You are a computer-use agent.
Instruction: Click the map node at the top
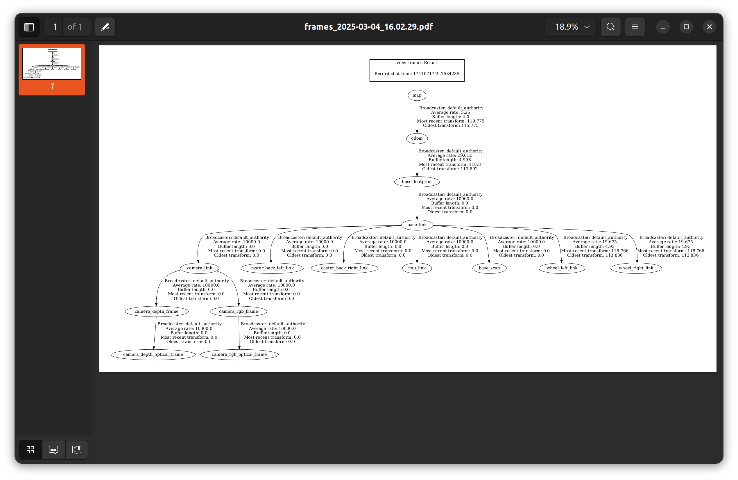pyautogui.click(x=417, y=95)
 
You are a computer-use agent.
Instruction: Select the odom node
pyautogui.click(x=417, y=138)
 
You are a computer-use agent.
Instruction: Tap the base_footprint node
pyautogui.click(x=417, y=182)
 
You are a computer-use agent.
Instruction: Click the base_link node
pyautogui.click(x=417, y=225)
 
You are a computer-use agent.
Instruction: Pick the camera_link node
pyautogui.click(x=200, y=268)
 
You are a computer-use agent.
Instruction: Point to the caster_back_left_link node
pyautogui.click(x=272, y=268)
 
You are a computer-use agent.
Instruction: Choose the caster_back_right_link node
pyautogui.click(x=344, y=268)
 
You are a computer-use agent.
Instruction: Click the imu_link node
pyautogui.click(x=417, y=268)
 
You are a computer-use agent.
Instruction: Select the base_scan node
pyautogui.click(x=489, y=268)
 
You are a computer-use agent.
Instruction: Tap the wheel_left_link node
pyautogui.click(x=562, y=268)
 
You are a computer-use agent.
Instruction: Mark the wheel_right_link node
pyautogui.click(x=636, y=268)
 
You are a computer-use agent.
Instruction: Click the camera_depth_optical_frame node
pyautogui.click(x=153, y=355)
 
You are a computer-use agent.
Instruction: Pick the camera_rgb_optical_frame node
pyautogui.click(x=239, y=355)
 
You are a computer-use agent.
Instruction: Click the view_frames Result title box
pyautogui.click(x=417, y=70)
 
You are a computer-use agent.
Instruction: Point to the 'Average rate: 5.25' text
pyautogui.click(x=450, y=112)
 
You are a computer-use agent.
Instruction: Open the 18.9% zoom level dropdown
pyautogui.click(x=571, y=27)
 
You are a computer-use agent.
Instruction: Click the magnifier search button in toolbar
pyautogui.click(x=610, y=27)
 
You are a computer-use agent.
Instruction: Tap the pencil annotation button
pyautogui.click(x=105, y=27)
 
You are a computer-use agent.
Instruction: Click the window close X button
pyautogui.click(x=709, y=27)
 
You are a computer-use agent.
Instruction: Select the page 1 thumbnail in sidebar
pyautogui.click(x=52, y=64)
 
